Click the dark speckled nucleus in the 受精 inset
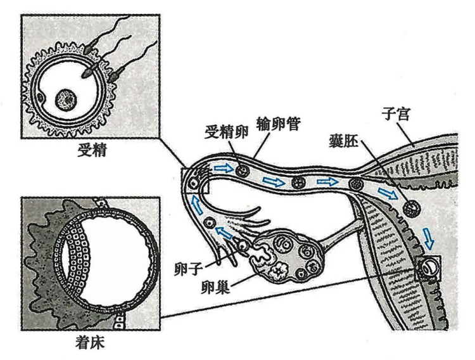[66, 98]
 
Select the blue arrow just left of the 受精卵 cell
[222, 169]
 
